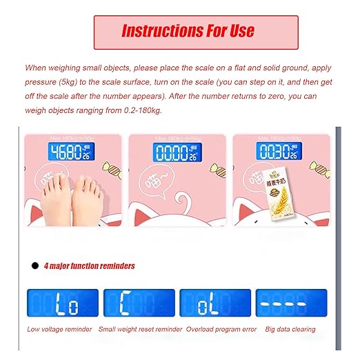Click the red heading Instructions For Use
(x=188, y=31)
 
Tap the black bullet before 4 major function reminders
(x=34, y=266)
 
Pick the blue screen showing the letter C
(x=139, y=302)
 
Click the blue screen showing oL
(x=215, y=302)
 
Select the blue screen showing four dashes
(x=291, y=302)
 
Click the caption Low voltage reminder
(x=59, y=329)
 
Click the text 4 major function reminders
(x=89, y=266)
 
